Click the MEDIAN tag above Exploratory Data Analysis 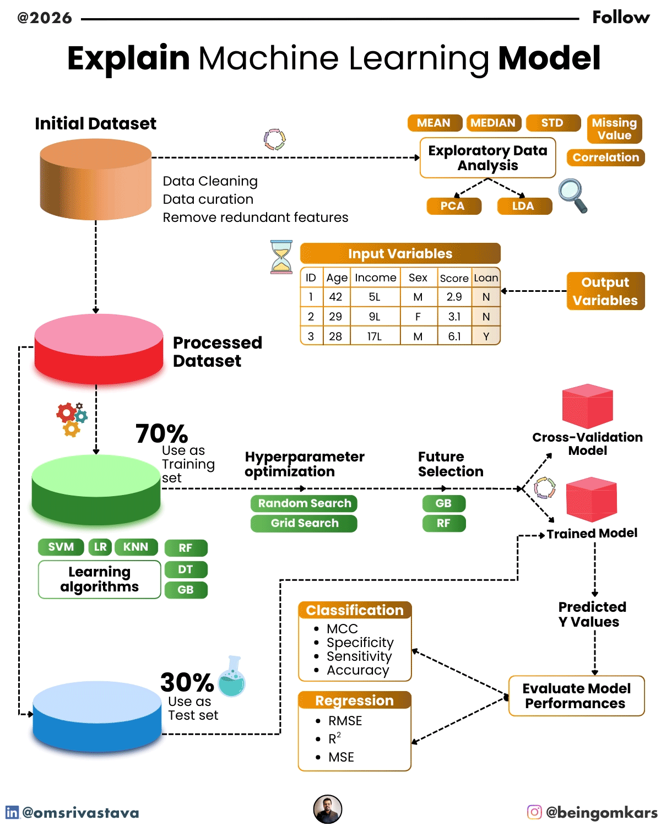(493, 123)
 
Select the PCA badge (453, 206)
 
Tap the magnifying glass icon (572, 195)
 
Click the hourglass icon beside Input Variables (281, 257)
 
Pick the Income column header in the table (375, 278)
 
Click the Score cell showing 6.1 (454, 336)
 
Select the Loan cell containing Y (486, 336)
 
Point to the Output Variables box (605, 291)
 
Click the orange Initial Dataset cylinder (96, 180)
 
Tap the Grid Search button (304, 523)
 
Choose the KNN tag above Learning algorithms (136, 547)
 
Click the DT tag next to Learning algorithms (186, 569)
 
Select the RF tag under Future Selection (443, 523)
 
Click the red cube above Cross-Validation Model (587, 406)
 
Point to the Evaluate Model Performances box (576, 695)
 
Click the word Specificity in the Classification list (360, 643)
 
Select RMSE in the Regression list (345, 721)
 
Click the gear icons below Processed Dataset (72, 419)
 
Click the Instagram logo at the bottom (534, 812)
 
